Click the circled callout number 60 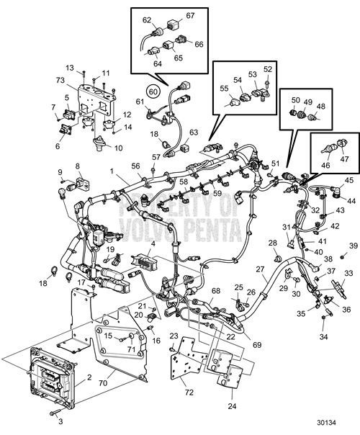pyautogui.click(x=153, y=91)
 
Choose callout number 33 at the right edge pyautogui.click(x=348, y=273)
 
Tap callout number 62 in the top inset pyautogui.click(x=147, y=20)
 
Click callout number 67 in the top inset pyautogui.click(x=191, y=16)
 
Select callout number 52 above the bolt pyautogui.click(x=269, y=70)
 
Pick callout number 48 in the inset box pyautogui.click(x=341, y=107)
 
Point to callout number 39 pyautogui.click(x=354, y=246)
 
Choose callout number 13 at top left pyautogui.click(x=70, y=68)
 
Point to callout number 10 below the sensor pyautogui.click(x=118, y=148)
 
